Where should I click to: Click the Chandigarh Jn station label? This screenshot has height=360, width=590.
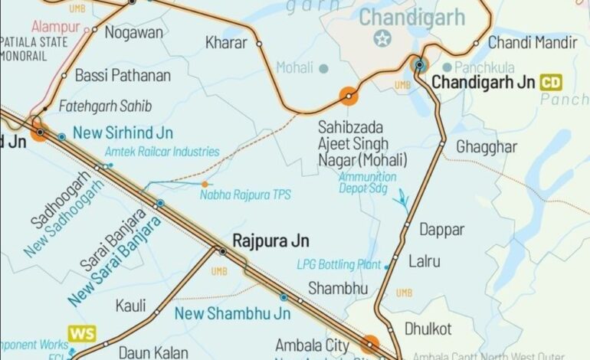tap(484, 81)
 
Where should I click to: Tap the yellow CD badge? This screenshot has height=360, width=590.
tap(551, 82)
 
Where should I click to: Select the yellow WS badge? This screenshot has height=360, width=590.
tap(82, 333)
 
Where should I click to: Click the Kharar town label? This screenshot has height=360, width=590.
tap(226, 43)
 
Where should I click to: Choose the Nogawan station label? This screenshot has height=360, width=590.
tap(134, 32)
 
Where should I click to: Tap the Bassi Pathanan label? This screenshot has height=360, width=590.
tap(122, 76)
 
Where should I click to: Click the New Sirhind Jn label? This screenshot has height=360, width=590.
tap(123, 133)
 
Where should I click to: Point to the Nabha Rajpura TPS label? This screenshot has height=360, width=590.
tap(245, 195)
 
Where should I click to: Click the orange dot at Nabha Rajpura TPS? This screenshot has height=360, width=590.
tap(205, 185)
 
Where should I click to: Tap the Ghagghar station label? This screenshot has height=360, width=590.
tap(482, 146)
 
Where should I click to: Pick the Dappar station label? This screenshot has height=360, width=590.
tap(441, 229)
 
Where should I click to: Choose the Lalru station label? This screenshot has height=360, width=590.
tap(424, 261)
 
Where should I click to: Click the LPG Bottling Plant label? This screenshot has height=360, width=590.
tap(339, 265)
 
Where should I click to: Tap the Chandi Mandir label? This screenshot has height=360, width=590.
tap(533, 43)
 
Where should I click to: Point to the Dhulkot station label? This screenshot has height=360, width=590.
tap(428, 329)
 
